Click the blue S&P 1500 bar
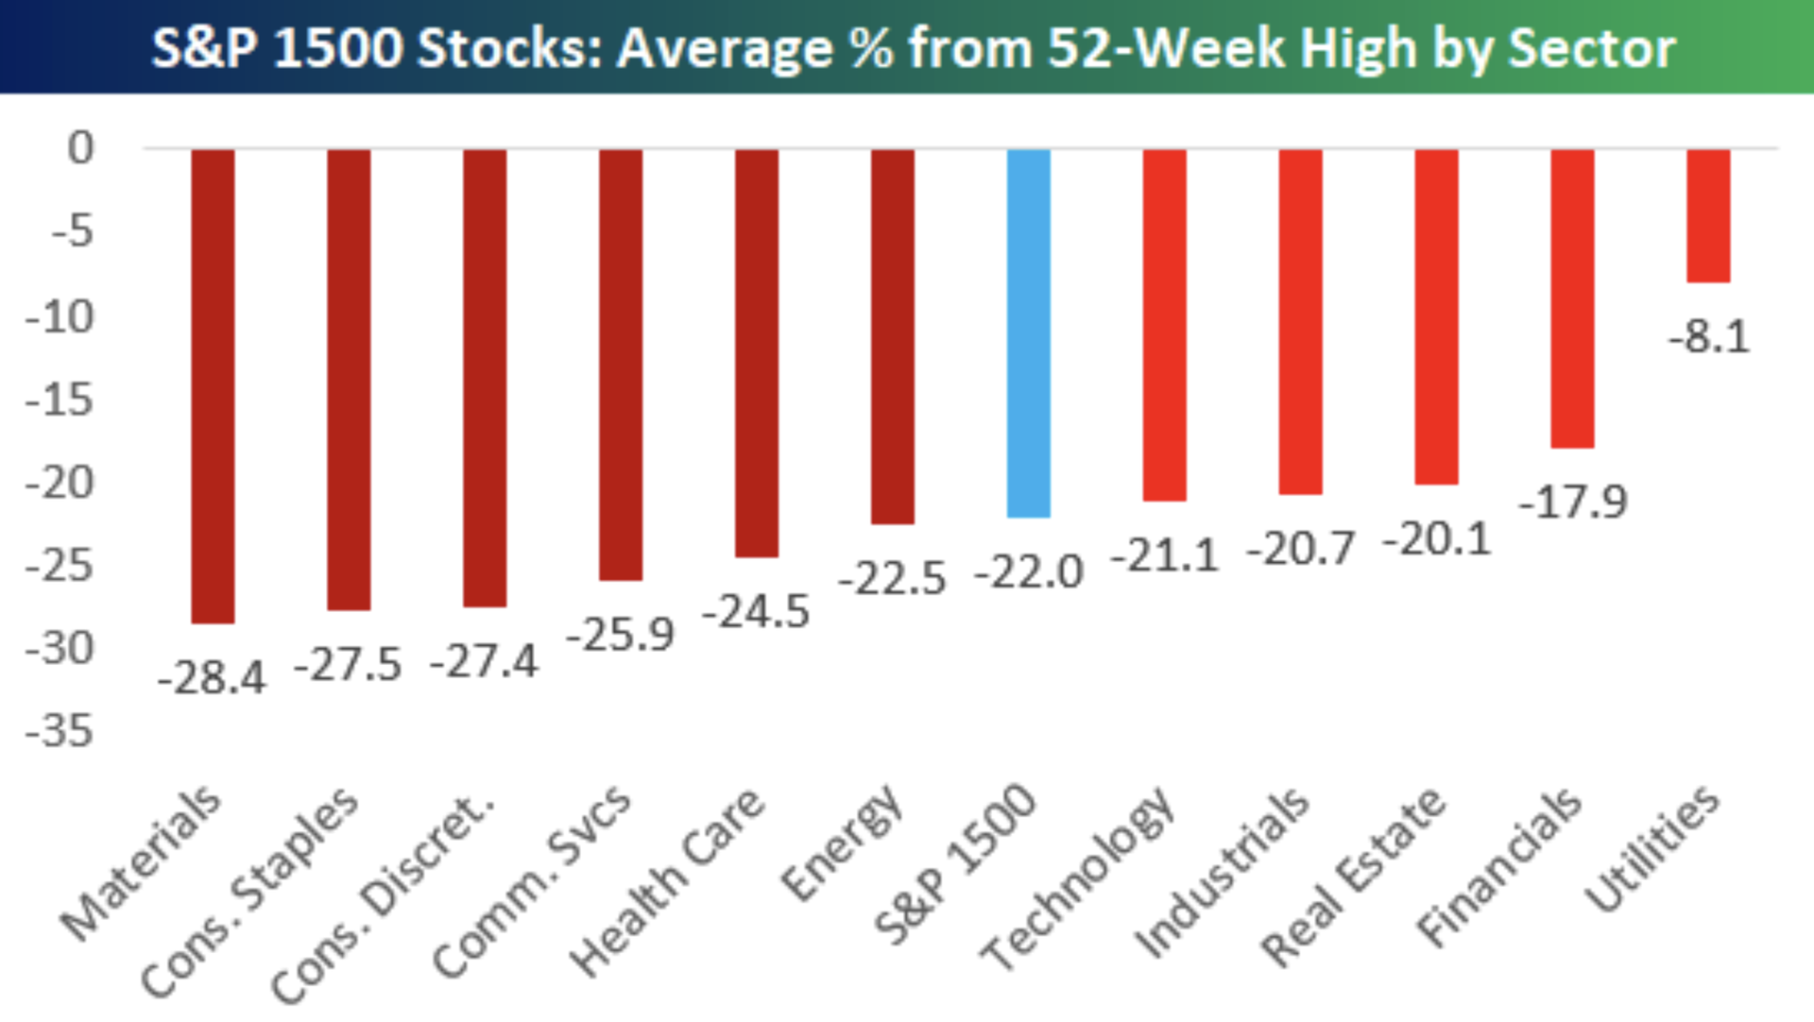(x=1028, y=332)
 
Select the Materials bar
(x=213, y=385)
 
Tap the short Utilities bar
(x=1708, y=215)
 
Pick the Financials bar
(x=1572, y=298)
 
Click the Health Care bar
(x=757, y=352)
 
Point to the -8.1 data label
(x=1708, y=337)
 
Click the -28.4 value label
(x=213, y=677)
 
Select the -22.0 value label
(x=1028, y=572)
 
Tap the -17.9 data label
(x=1572, y=502)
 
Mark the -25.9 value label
(x=620, y=634)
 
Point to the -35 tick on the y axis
(x=60, y=731)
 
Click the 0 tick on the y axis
(x=81, y=148)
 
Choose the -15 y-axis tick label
(x=60, y=400)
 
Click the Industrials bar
(x=1300, y=321)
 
